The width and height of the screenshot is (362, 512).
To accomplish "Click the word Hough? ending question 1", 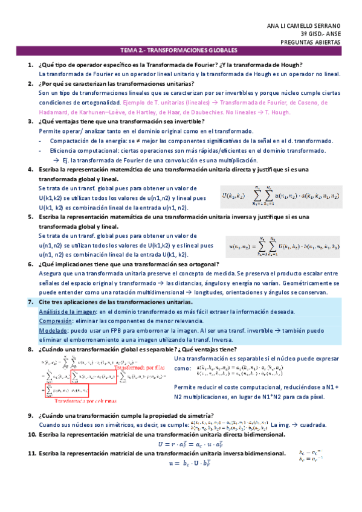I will tap(292, 65).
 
